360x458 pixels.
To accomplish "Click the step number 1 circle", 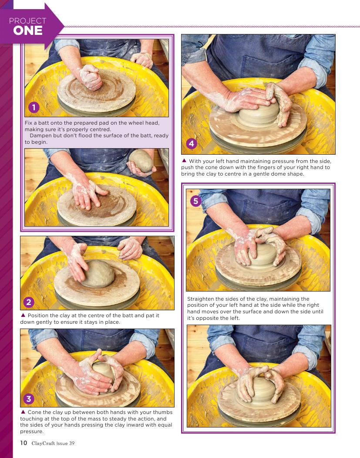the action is pos(34,108).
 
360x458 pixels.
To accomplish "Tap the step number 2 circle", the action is pos(29,302).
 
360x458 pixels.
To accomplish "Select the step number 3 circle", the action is pos(29,399).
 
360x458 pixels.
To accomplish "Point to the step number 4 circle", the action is pos(192,143).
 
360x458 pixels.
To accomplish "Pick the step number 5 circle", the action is pos(196,201).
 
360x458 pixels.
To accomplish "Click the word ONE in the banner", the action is pos(28,31).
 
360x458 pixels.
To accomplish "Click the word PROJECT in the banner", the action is pos(28,21).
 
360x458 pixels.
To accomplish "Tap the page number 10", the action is pos(24,443).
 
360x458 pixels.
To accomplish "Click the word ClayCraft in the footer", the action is pos(43,443).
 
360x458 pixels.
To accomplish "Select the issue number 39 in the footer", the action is pos(71,443).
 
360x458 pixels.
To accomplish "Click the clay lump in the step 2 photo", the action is pos(98,274).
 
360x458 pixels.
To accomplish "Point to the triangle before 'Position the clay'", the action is pos(23,315).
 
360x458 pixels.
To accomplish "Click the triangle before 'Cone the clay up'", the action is pos(23,412).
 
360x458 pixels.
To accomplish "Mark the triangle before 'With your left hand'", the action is pos(184,160).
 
